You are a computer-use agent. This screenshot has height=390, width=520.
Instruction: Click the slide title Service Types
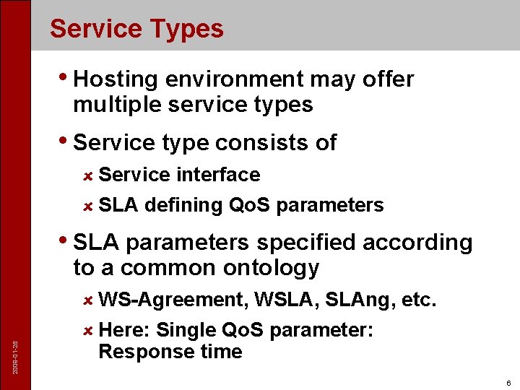tap(136, 29)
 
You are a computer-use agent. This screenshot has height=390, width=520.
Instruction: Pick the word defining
tap(183, 206)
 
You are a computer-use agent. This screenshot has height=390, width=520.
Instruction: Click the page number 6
tap(508, 383)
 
